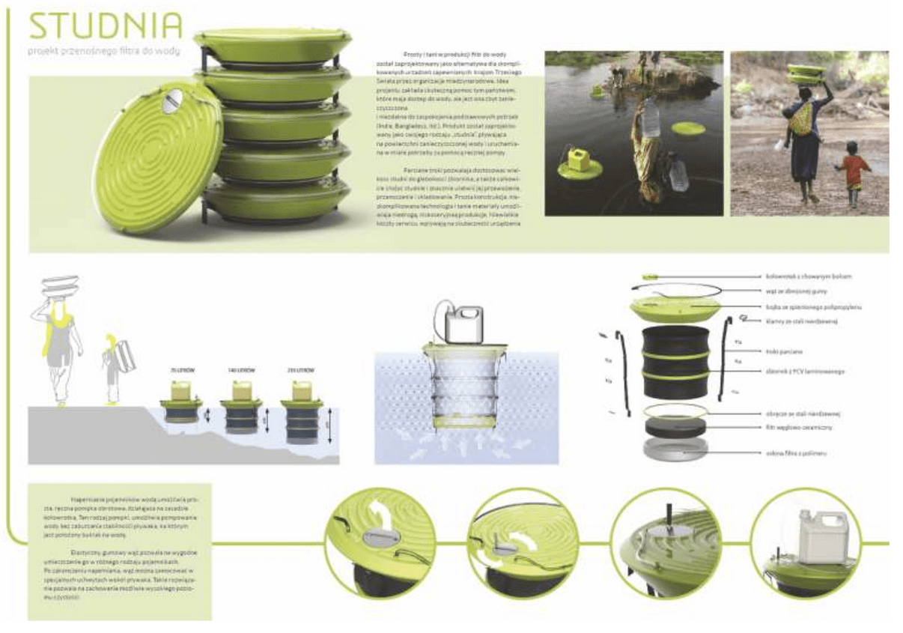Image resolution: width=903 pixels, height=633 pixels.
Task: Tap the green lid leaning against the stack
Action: (x=156, y=157)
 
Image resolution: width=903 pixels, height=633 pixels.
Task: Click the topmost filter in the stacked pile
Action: (x=273, y=46)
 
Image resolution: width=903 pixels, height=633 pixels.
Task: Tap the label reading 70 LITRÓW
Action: (x=182, y=370)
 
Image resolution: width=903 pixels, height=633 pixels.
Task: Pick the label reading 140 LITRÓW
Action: (x=240, y=370)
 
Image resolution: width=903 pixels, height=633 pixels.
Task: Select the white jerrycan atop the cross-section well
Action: (x=463, y=323)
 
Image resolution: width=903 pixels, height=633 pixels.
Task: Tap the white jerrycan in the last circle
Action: (x=820, y=536)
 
